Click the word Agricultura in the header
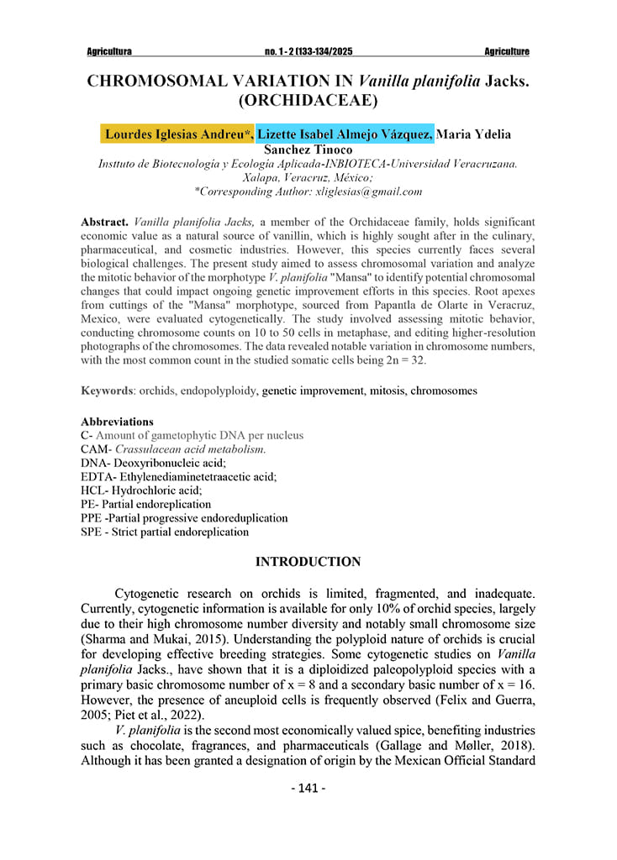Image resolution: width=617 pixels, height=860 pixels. (109, 52)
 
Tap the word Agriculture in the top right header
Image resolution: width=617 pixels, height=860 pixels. (507, 52)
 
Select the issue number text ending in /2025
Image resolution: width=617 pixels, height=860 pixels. (308, 52)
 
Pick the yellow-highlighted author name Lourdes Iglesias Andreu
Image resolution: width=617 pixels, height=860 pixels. (177, 134)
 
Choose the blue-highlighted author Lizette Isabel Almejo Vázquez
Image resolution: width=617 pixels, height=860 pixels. (345, 134)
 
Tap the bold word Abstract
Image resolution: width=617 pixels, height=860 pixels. (104, 223)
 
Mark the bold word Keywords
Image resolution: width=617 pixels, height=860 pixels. (108, 391)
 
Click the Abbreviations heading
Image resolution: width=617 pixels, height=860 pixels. (117, 422)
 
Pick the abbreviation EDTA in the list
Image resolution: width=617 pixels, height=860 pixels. (96, 476)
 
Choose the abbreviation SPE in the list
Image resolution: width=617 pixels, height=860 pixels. (92, 532)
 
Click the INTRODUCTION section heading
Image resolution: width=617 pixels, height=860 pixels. (308, 562)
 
